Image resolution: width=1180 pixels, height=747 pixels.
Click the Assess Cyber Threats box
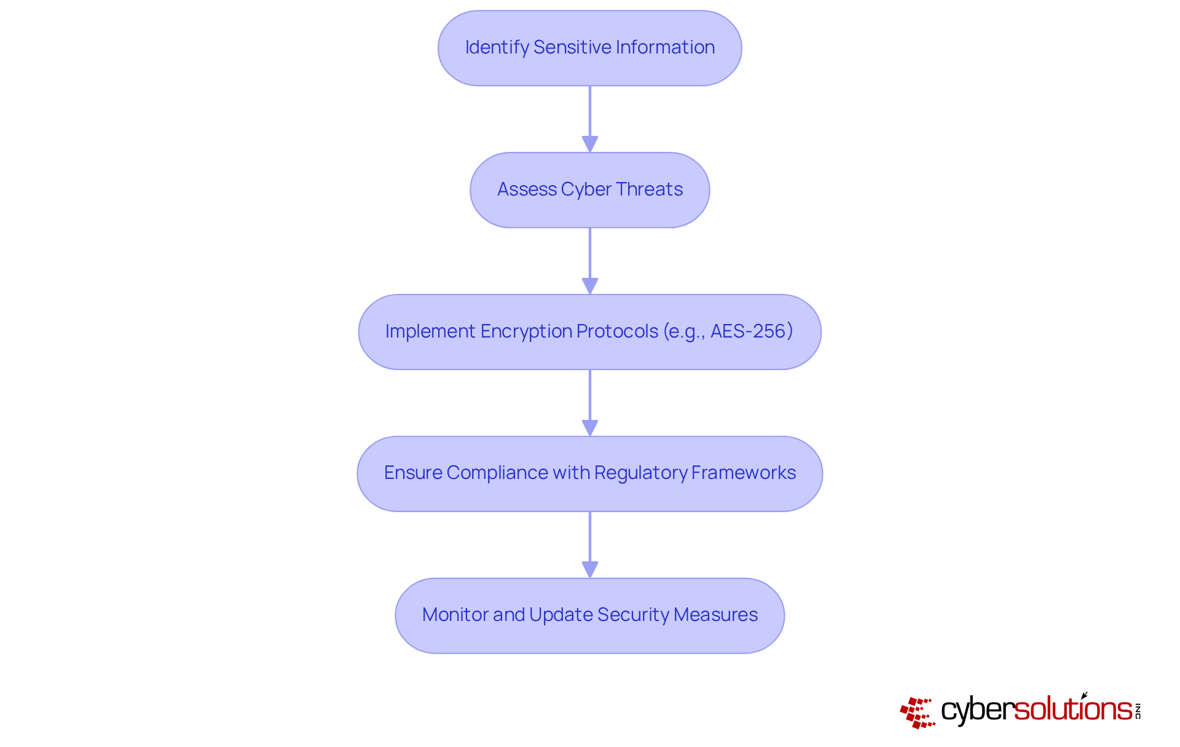coord(589,190)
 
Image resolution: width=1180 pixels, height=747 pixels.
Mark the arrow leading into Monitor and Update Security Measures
coord(590,545)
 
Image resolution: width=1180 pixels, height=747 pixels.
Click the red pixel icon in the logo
coord(917,713)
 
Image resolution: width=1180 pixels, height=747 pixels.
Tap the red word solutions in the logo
coord(1072,709)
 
